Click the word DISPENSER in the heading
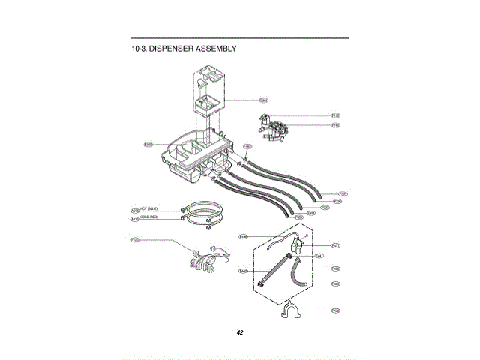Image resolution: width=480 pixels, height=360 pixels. (x=171, y=49)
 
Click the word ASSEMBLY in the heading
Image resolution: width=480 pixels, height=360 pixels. (x=216, y=49)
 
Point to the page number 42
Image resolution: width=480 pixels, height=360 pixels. (x=239, y=332)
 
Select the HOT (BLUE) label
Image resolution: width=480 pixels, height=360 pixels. (x=148, y=208)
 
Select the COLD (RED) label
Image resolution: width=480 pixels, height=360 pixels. (x=148, y=217)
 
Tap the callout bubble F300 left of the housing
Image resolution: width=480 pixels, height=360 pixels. (x=148, y=144)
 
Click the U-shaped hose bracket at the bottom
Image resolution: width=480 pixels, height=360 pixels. (x=293, y=310)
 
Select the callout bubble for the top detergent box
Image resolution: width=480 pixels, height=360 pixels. (x=264, y=100)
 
